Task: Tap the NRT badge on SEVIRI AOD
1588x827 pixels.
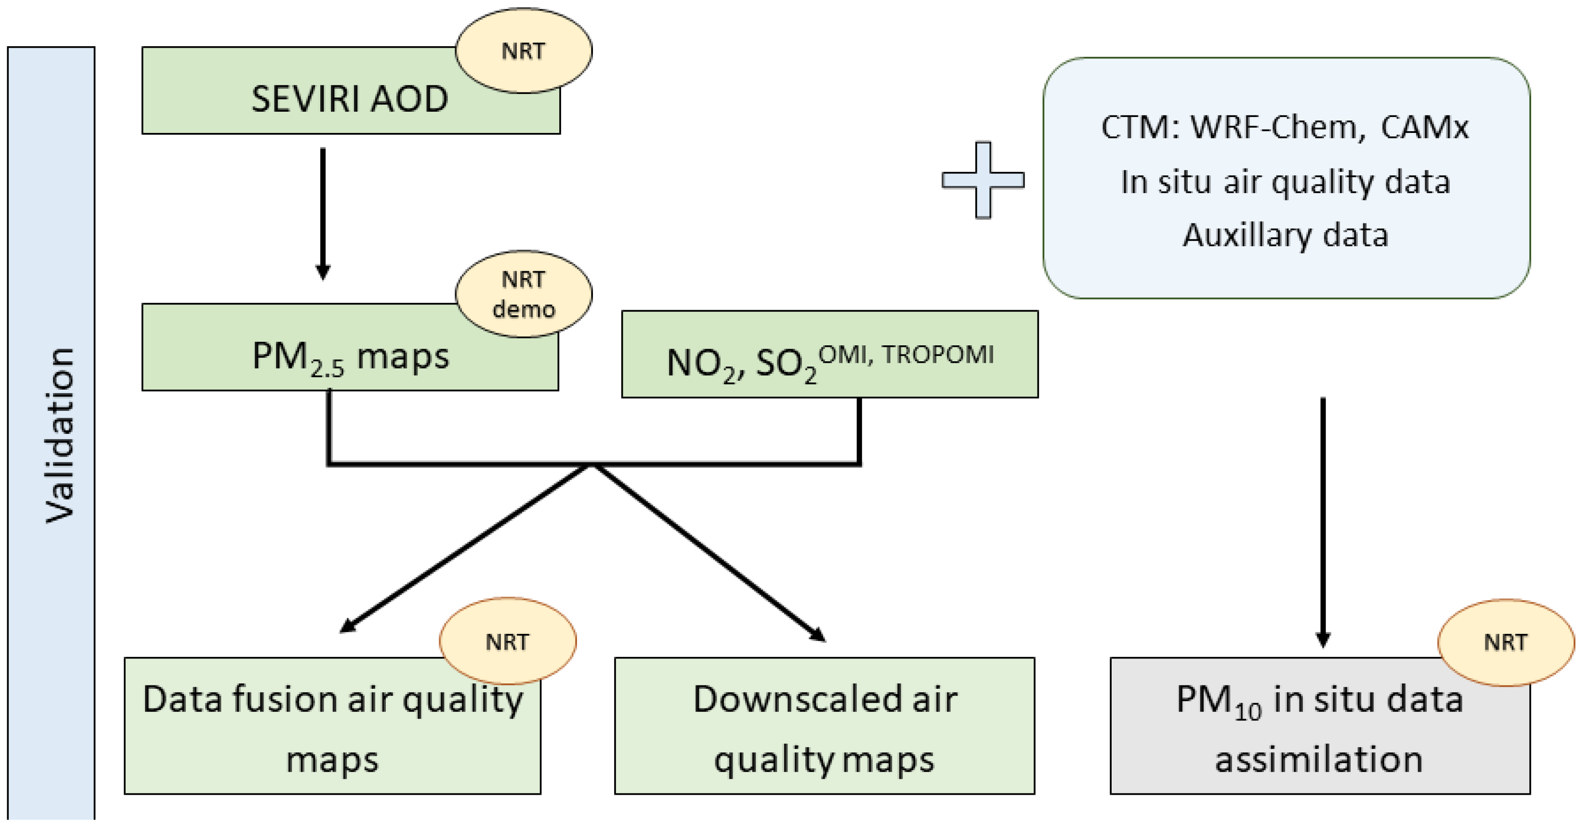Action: tap(524, 51)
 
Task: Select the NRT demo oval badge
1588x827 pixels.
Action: tap(524, 294)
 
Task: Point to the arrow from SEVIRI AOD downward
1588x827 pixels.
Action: tap(322, 212)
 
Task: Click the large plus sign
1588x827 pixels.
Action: tap(983, 180)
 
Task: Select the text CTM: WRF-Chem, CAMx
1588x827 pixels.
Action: tap(1285, 128)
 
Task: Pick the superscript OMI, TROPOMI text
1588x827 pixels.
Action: tap(906, 355)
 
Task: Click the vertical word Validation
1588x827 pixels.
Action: tap(60, 434)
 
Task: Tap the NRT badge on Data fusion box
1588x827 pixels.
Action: tap(507, 642)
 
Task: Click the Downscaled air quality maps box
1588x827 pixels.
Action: tap(824, 727)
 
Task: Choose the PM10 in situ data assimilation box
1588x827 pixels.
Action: tap(1319, 727)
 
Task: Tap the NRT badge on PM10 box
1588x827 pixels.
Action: tap(1505, 642)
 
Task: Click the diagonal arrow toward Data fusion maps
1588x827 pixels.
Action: tap(465, 549)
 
